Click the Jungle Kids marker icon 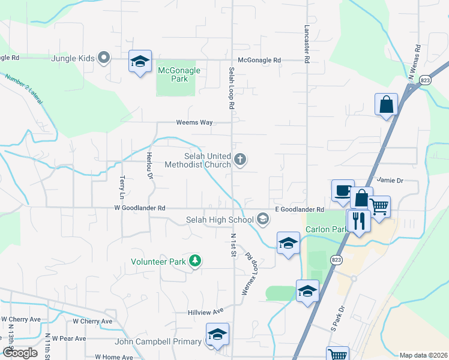(x=104, y=58)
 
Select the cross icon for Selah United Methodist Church (x=240, y=160)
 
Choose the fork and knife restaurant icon (x=359, y=221)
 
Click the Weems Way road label (x=194, y=122)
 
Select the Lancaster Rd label (x=307, y=44)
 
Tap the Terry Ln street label (x=122, y=187)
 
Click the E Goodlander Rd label (x=300, y=209)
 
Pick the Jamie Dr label (x=390, y=179)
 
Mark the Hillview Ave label (x=205, y=311)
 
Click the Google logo (x=19, y=353)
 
